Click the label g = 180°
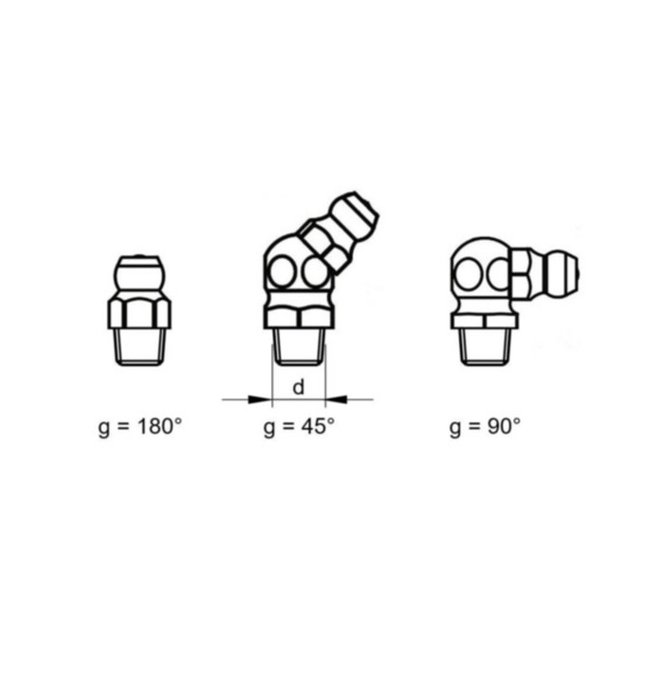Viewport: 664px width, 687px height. click(x=139, y=426)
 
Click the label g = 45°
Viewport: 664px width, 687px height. click(x=299, y=426)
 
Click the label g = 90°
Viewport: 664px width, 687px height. click(x=486, y=426)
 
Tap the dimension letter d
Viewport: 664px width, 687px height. click(x=298, y=387)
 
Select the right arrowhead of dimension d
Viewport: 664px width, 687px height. click(x=337, y=399)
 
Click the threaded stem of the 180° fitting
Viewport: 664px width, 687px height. click(x=139, y=346)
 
